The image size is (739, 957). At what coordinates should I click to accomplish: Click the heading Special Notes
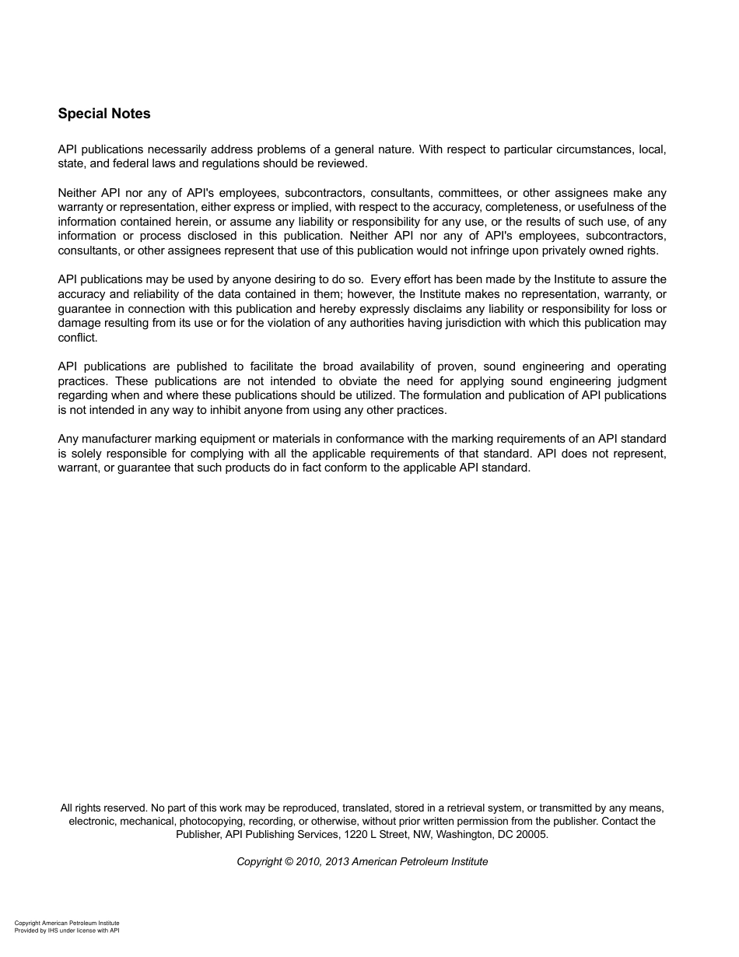coord(104,114)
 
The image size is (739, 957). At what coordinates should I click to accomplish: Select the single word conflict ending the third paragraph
coord(77,338)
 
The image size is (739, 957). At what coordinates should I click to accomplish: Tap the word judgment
coord(639,381)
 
